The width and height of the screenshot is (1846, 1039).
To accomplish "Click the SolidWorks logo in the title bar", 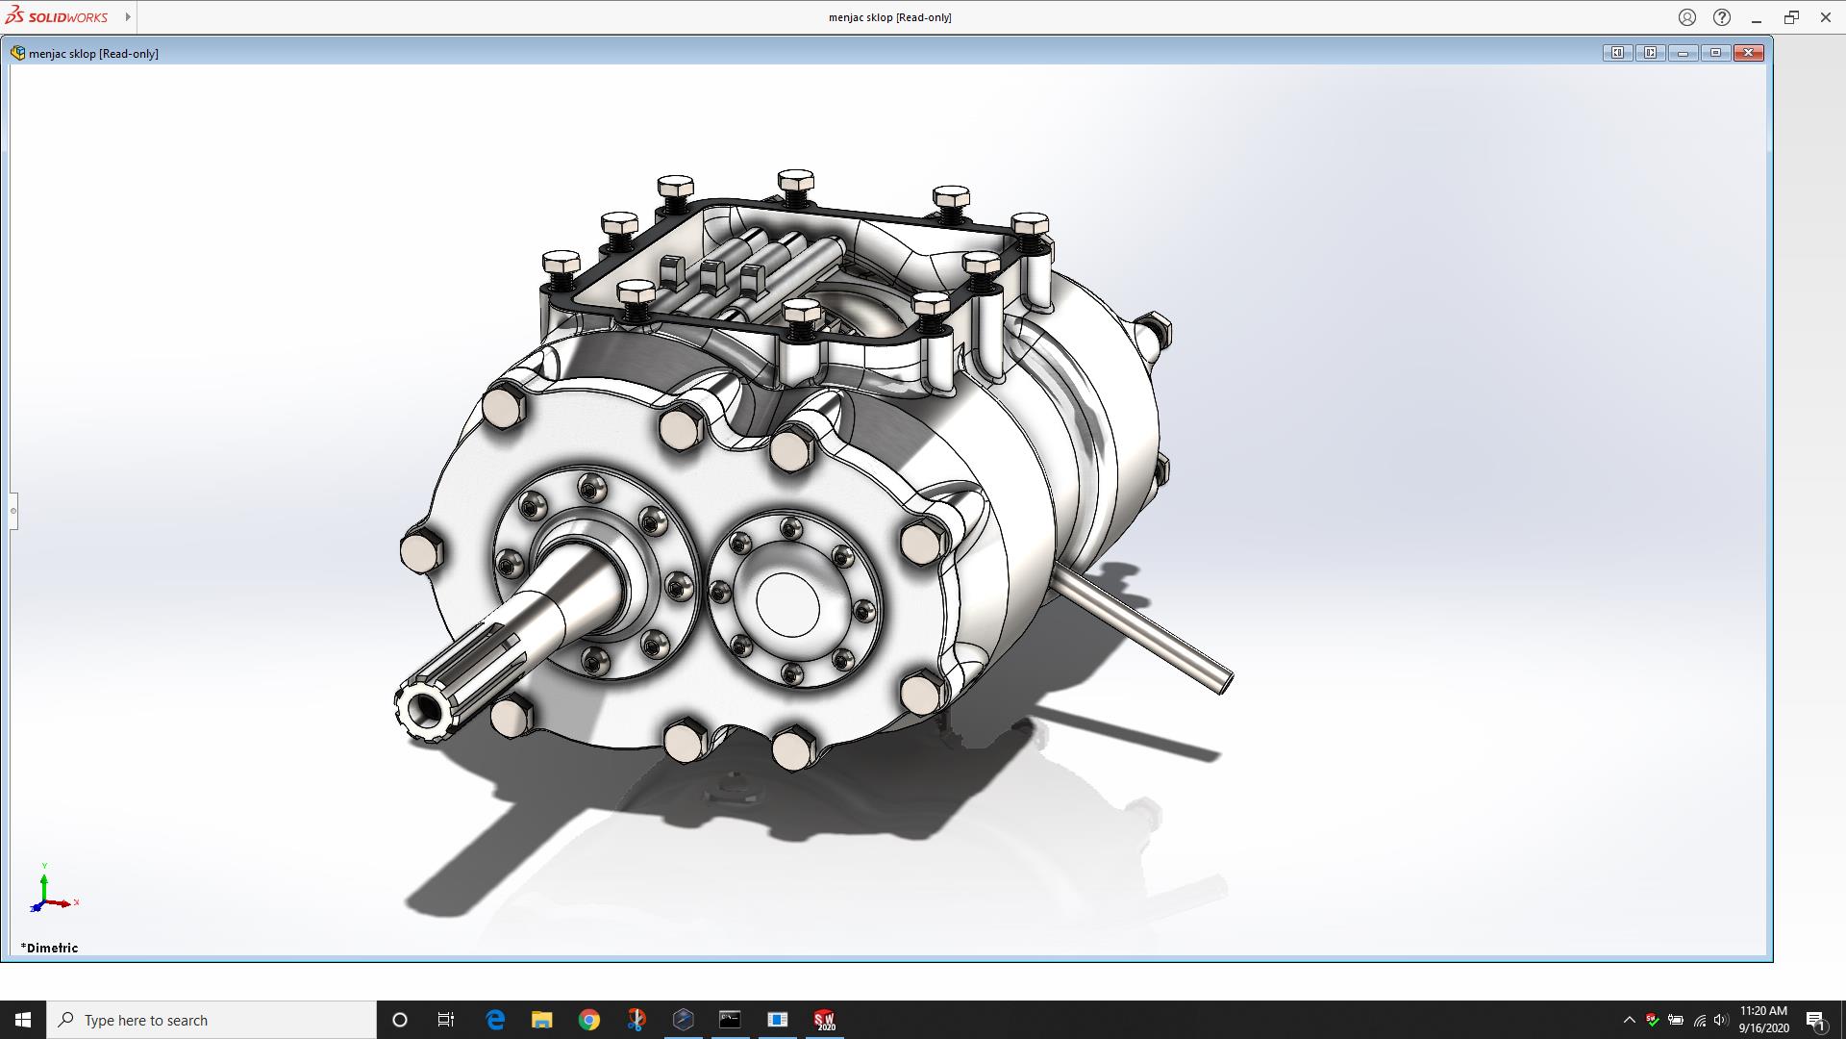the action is click(58, 16).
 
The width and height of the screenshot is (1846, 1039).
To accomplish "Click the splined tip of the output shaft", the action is click(424, 710).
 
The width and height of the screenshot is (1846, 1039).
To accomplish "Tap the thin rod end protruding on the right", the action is click(1225, 681).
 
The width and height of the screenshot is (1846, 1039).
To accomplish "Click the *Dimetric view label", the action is click(50, 948).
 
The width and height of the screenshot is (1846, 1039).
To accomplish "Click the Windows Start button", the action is click(23, 1020).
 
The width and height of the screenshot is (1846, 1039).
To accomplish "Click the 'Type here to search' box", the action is click(212, 1020).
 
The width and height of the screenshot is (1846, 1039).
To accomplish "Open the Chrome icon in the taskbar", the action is click(589, 1020).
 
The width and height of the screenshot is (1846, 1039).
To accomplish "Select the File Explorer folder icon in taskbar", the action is click(542, 1020).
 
